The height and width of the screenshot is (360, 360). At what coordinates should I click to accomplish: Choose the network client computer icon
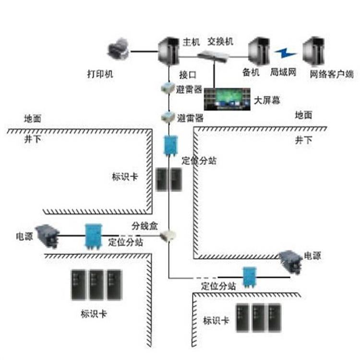coord(314,51)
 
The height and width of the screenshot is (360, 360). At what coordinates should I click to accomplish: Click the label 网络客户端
coord(331,74)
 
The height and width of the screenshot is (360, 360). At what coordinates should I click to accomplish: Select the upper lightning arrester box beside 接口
coord(166,88)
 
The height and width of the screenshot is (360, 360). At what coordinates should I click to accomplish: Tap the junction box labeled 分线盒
coord(168,235)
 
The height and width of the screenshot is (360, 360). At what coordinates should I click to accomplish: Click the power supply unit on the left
coord(47,236)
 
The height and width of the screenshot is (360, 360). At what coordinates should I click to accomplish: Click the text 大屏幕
coord(266,101)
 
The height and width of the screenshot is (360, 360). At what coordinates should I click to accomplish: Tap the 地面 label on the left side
coord(33,118)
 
